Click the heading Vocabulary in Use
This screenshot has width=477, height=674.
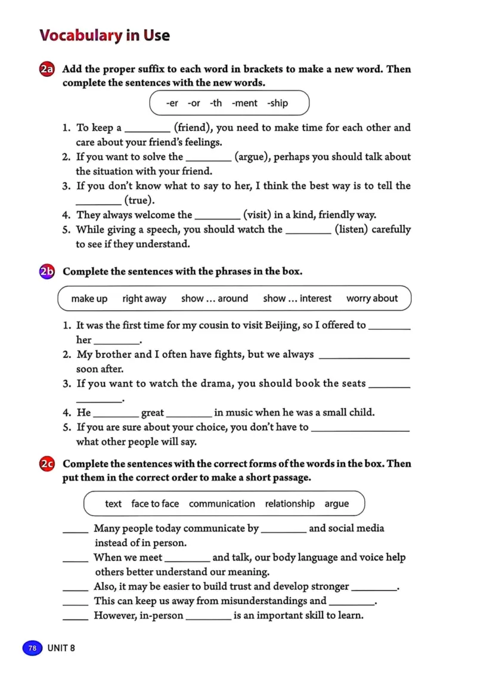(x=104, y=35)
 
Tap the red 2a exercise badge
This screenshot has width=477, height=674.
(x=47, y=70)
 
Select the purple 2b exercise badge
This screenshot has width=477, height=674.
(x=47, y=272)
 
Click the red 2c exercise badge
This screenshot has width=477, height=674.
(x=47, y=464)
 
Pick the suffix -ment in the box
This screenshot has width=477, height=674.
(x=244, y=103)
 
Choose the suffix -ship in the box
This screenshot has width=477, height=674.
(x=277, y=103)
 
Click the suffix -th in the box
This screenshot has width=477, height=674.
(x=215, y=103)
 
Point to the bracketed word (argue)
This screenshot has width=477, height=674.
(x=255, y=157)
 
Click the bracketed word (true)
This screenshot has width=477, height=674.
(x=139, y=200)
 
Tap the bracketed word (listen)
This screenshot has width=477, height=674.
(x=351, y=230)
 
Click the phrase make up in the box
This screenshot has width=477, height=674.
(x=89, y=299)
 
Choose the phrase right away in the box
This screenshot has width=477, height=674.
(x=144, y=299)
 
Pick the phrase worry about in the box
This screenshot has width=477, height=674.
(x=372, y=299)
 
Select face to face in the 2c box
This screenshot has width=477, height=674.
(x=155, y=504)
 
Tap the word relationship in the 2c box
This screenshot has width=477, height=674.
(x=290, y=504)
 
